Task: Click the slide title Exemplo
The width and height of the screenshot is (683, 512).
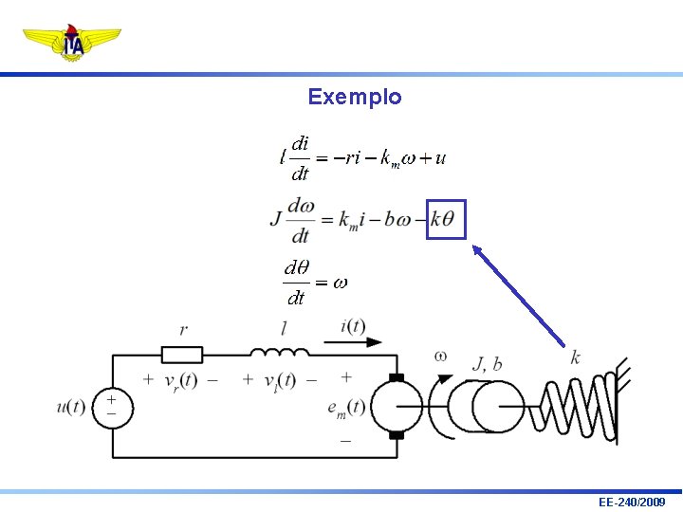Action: [354, 97]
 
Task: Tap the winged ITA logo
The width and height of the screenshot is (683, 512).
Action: [72, 43]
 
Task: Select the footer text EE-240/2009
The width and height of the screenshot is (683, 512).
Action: [632, 501]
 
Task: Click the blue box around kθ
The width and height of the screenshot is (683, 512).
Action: [446, 219]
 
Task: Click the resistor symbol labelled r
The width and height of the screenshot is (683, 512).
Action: [182, 355]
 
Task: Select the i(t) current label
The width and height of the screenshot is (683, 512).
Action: [352, 326]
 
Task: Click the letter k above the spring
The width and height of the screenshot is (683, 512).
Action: [576, 357]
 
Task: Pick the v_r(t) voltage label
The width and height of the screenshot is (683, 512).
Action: [179, 381]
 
